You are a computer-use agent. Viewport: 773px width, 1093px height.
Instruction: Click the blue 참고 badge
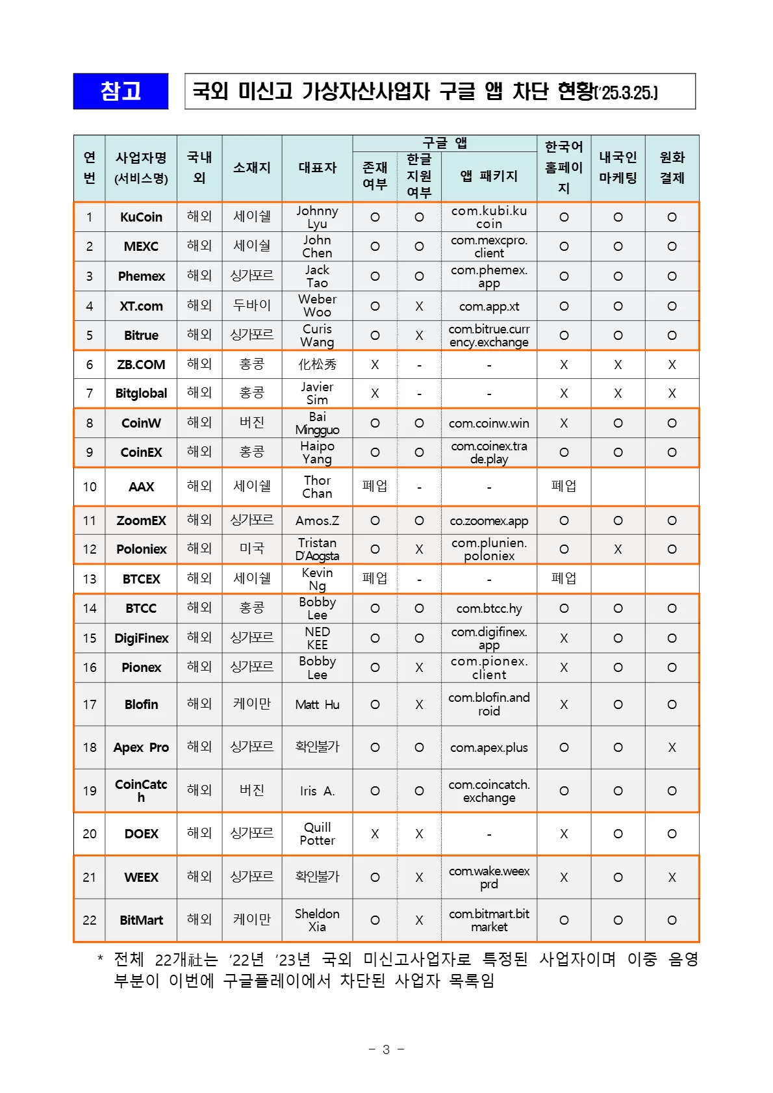[121, 91]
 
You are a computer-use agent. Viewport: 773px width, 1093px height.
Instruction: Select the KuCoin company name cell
[141, 217]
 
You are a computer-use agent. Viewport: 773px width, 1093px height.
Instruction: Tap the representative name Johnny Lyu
[317, 217]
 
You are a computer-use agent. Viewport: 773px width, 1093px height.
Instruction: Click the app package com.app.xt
[489, 307]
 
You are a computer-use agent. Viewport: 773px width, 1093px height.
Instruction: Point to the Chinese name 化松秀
[317, 365]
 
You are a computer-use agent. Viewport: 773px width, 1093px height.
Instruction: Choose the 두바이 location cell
[252, 305]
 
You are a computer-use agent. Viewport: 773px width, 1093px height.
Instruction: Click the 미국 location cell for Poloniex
[252, 548]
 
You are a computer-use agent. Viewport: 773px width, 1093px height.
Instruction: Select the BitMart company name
[141, 920]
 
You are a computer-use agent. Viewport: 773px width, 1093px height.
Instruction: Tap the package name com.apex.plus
[489, 747]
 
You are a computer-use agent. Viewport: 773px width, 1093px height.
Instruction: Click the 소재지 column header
[252, 168]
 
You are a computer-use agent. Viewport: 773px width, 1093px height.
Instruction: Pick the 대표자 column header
[317, 168]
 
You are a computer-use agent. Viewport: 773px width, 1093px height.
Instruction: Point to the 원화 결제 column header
[672, 168]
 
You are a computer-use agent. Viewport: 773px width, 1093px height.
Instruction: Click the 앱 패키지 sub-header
[489, 176]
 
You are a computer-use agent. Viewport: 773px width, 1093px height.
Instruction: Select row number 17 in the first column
[90, 704]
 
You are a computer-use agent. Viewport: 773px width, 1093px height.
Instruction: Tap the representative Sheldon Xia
[317, 920]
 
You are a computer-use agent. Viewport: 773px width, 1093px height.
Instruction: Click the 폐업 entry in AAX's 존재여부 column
[375, 486]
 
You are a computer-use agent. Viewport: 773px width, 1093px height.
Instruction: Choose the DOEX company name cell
[141, 834]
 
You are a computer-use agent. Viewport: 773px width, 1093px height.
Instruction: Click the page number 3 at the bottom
[386, 1049]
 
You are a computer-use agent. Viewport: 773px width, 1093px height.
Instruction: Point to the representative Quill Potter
[317, 834]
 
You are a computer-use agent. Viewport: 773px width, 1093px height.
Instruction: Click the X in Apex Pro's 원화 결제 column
[672, 747]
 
